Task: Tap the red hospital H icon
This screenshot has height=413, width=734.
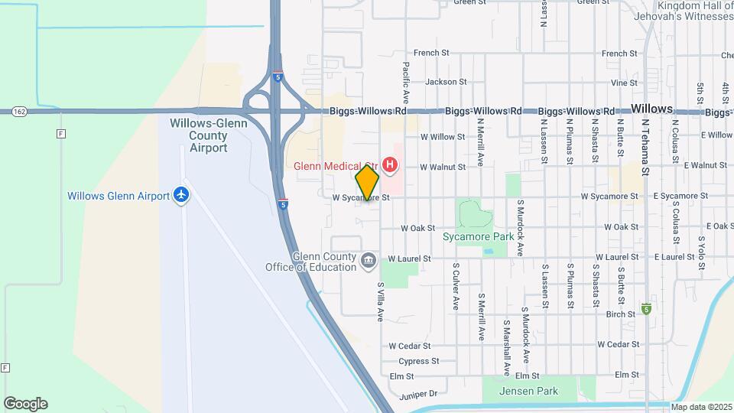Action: [x=391, y=165]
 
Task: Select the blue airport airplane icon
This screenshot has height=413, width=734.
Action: [x=181, y=195]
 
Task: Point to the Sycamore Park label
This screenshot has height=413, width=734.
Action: [x=479, y=237]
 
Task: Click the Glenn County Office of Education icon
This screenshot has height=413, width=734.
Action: [x=369, y=261]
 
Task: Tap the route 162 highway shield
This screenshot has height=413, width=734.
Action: [x=20, y=112]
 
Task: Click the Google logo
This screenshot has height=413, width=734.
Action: [x=25, y=403]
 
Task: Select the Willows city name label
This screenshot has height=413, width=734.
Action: [x=651, y=109]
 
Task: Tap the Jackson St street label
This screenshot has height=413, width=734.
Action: [x=446, y=82]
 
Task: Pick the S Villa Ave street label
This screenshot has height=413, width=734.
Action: [x=380, y=301]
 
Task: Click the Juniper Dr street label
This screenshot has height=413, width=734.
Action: [x=417, y=394]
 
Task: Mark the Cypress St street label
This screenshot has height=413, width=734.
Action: [x=419, y=361]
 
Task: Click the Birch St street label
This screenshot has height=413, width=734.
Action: [x=620, y=314]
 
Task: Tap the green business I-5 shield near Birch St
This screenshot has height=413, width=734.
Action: [x=647, y=308]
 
